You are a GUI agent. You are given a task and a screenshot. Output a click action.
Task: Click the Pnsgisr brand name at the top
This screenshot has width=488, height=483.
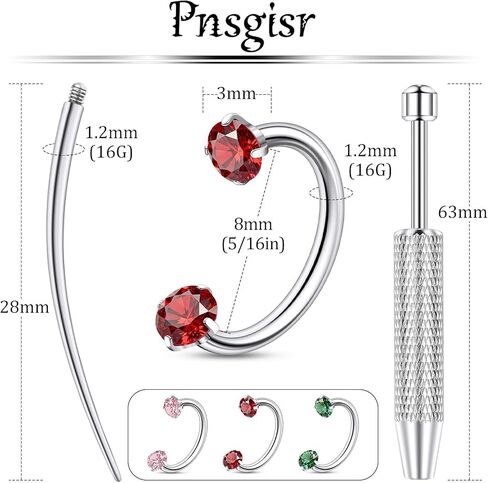pos(243,25)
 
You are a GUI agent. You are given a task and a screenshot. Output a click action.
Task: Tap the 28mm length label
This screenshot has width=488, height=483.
pos(24,307)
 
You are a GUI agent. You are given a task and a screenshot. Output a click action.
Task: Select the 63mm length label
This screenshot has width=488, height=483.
pos(463,212)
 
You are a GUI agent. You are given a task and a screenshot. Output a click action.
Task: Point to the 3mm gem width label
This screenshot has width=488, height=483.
pos(236,94)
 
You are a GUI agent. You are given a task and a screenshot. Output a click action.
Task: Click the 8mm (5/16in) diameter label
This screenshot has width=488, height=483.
pos(253,235)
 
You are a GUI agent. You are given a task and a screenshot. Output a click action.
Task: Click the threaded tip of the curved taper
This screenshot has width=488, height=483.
pos(79,91)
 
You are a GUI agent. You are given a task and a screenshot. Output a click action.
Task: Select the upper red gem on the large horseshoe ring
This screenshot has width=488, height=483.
pos(235,150)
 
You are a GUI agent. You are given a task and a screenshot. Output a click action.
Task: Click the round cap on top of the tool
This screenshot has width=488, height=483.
pos(419,103)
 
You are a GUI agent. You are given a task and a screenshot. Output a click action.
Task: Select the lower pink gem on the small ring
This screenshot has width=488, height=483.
pos(157,460)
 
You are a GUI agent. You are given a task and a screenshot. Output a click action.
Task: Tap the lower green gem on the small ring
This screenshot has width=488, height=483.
pos(309,460)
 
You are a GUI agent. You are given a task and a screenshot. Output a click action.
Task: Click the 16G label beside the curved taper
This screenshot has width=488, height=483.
pos(111,153)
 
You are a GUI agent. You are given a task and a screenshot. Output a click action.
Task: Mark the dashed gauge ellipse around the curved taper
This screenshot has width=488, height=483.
pos(64,149)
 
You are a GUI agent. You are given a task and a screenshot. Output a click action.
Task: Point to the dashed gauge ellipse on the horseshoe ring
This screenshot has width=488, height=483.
pos(331,193)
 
